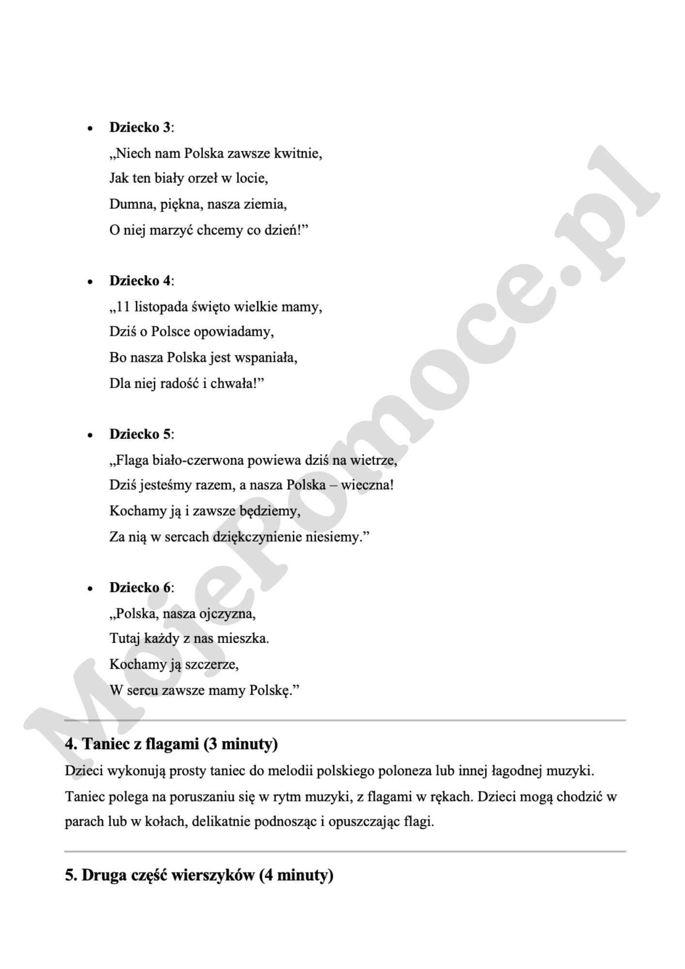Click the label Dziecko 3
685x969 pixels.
(x=140, y=127)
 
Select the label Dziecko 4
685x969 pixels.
(x=140, y=281)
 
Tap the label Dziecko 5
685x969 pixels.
(x=140, y=434)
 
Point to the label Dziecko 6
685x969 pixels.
(x=140, y=588)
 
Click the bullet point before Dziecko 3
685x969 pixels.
(x=90, y=129)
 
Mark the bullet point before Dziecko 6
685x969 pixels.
(x=90, y=589)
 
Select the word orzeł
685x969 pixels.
(x=201, y=179)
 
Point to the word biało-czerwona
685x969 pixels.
(x=197, y=460)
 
